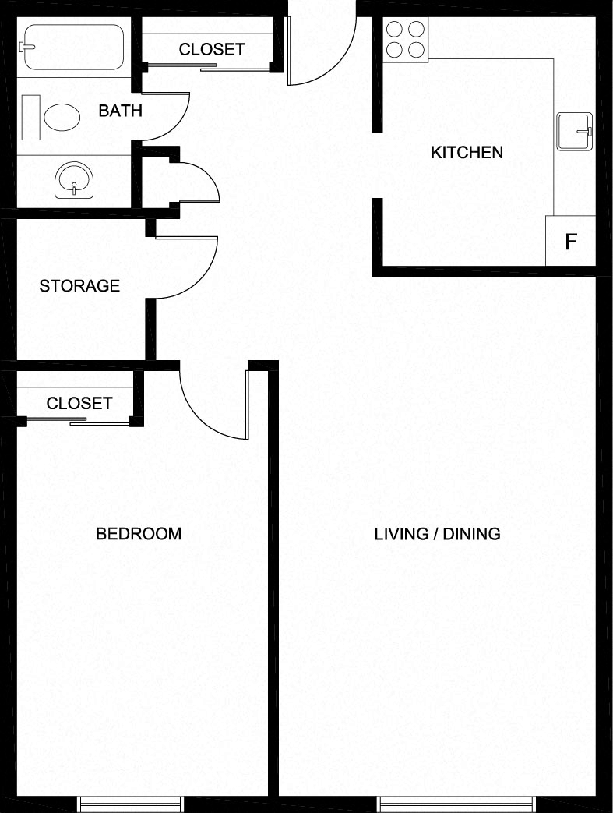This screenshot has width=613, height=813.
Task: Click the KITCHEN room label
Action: pyautogui.click(x=467, y=152)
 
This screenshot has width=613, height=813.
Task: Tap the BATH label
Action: pyautogui.click(x=120, y=111)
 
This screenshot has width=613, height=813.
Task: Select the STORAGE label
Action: pyautogui.click(x=79, y=286)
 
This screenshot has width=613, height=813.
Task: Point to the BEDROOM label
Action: pyautogui.click(x=139, y=534)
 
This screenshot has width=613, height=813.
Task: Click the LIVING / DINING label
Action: pyautogui.click(x=437, y=534)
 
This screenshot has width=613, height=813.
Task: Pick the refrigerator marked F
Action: pyautogui.click(x=570, y=241)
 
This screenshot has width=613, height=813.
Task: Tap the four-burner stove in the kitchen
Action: pyautogui.click(x=406, y=39)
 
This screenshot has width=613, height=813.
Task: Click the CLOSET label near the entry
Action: pyautogui.click(x=212, y=49)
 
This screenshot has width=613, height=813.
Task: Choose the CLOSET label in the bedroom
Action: pyautogui.click(x=79, y=404)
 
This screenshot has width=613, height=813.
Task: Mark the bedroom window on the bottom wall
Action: pyautogui.click(x=131, y=803)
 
